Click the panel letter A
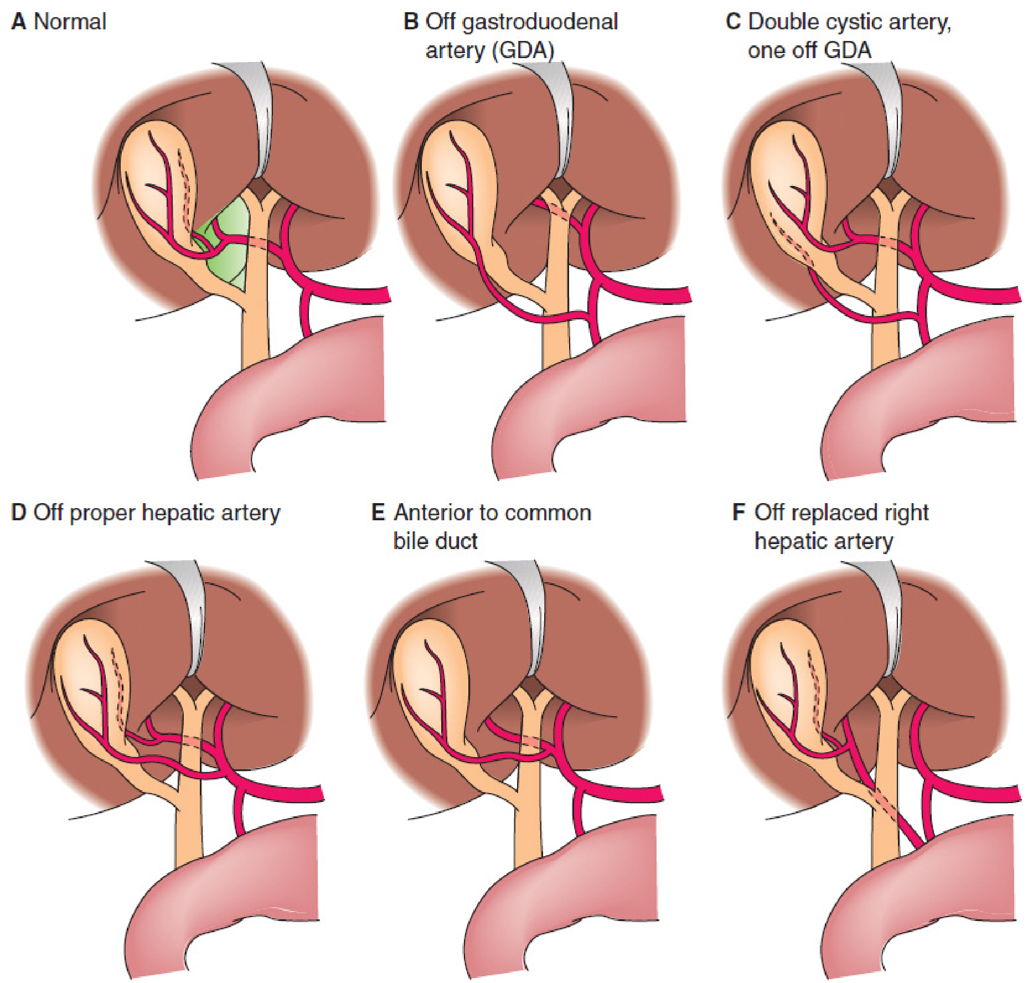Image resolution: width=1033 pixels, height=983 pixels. click(18, 22)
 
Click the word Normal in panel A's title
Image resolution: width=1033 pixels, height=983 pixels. click(70, 22)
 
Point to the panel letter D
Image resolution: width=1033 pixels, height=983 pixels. click(18, 513)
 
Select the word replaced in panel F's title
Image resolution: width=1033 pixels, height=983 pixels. click(832, 513)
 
